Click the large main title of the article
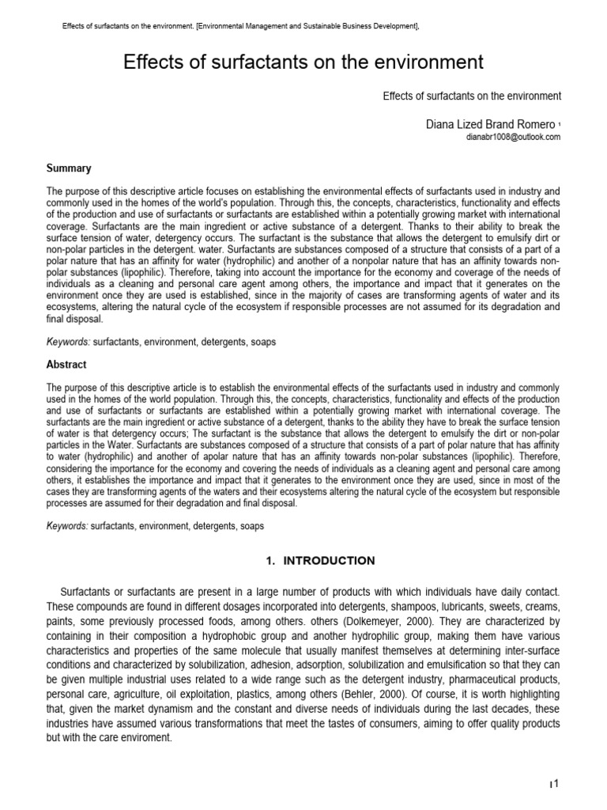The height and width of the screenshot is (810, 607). [x=303, y=62]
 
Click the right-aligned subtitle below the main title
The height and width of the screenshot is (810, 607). [x=472, y=97]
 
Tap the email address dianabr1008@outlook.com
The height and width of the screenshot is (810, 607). [x=514, y=137]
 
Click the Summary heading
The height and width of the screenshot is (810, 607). [x=69, y=168]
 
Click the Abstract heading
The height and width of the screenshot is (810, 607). [x=67, y=365]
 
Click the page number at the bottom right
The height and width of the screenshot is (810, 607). [x=555, y=783]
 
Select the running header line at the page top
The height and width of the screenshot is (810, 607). [x=240, y=27]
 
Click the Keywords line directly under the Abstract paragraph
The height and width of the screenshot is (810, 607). [x=156, y=525]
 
